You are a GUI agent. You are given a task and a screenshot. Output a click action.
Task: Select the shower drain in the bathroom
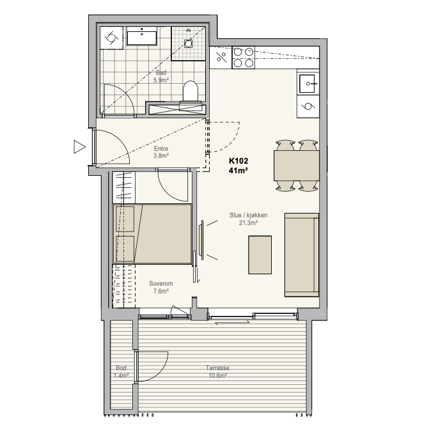188,43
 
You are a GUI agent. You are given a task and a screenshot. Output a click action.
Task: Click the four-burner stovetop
243,58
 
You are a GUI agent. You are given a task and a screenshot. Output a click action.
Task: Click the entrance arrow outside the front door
80,146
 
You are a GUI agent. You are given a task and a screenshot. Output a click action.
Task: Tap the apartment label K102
238,160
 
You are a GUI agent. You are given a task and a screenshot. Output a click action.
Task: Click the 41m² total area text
238,171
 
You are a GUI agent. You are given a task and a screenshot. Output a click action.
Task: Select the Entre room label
161,148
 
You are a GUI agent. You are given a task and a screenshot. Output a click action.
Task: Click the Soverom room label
161,283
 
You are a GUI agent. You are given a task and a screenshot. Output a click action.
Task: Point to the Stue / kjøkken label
248,215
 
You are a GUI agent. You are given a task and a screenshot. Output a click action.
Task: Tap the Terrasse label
218,368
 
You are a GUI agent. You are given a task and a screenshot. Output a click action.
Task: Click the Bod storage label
121,368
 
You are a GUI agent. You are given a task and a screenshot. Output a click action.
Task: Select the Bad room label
161,72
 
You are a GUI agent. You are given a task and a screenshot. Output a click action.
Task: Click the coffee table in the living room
260,254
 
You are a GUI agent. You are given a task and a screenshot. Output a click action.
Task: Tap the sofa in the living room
302,254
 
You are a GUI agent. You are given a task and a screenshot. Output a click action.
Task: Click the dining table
297,166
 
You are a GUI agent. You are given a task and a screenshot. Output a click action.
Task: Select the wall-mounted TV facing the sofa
202,240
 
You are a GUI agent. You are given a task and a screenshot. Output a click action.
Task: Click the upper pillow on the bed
125,219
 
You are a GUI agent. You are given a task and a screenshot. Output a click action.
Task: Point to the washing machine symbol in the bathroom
111,38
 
